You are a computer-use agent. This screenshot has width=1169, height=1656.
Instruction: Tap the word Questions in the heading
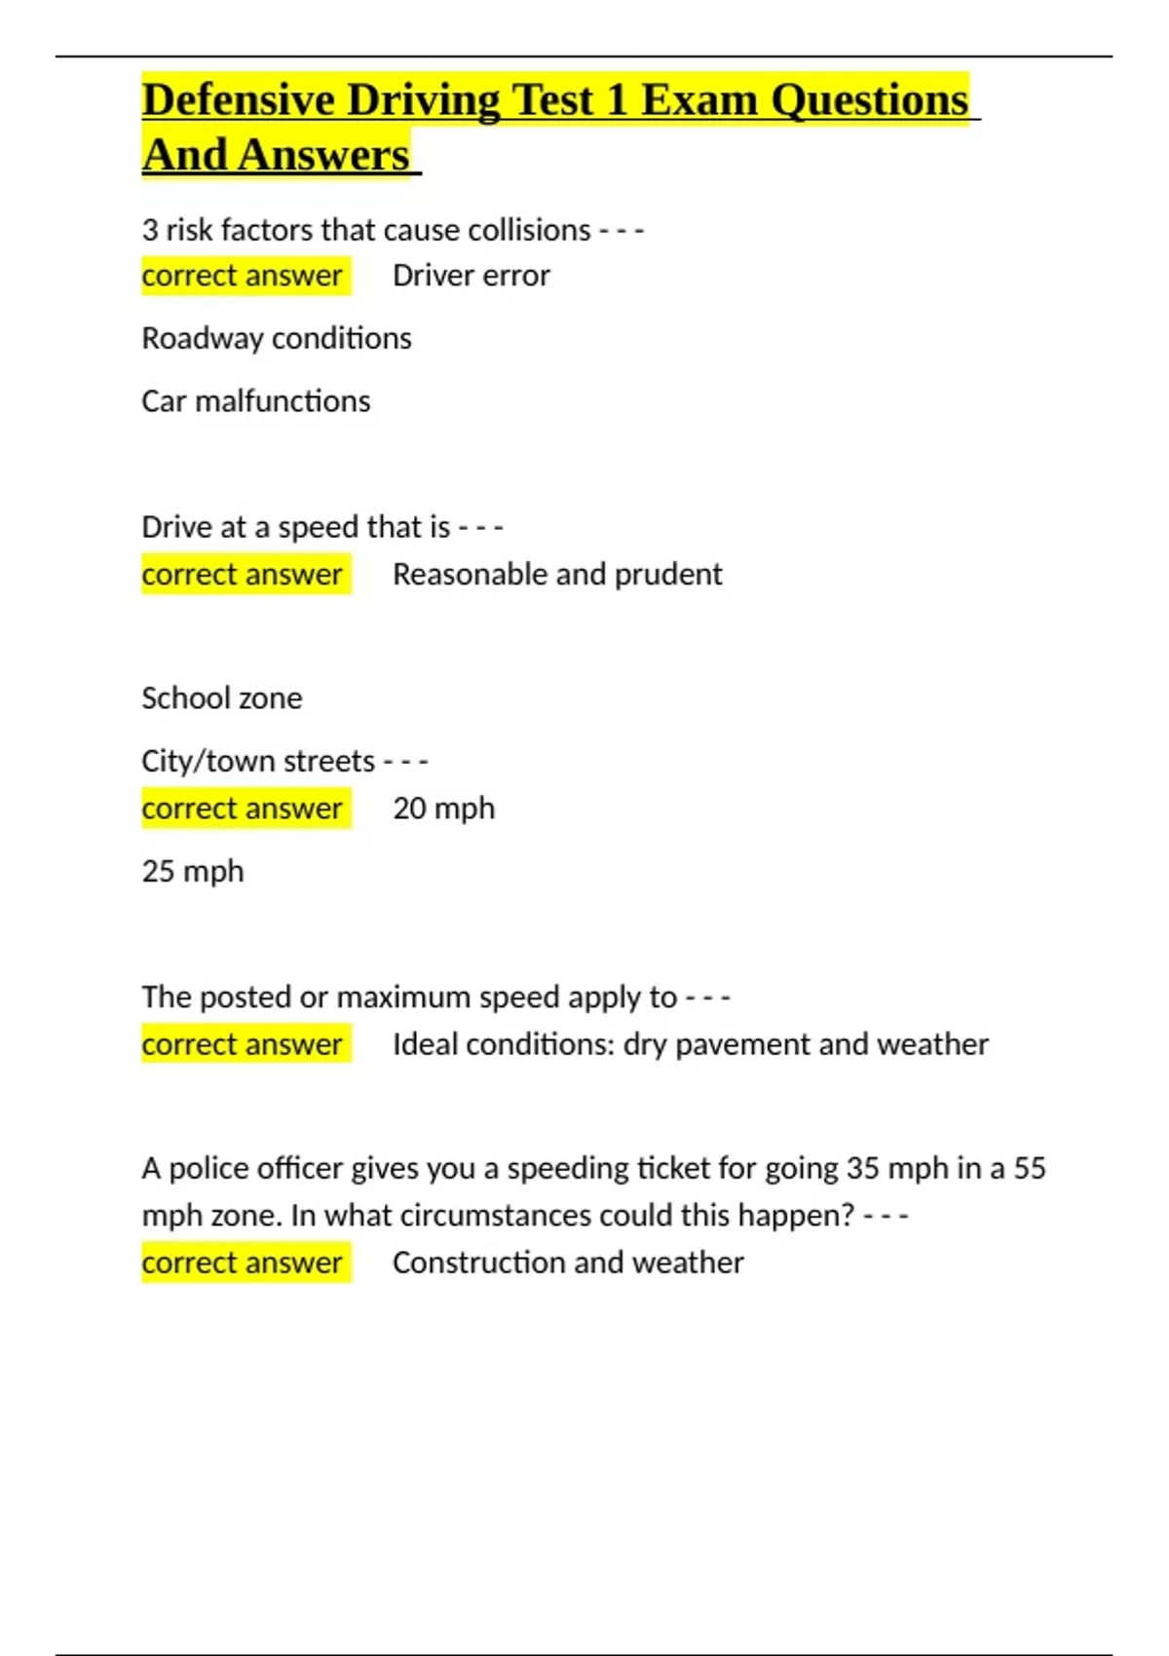[x=869, y=100]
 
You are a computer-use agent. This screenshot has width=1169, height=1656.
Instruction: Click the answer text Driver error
[x=471, y=276]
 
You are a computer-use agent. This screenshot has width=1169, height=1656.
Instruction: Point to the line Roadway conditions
[x=276, y=338]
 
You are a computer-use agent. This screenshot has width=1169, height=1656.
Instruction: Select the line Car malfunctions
[x=255, y=401]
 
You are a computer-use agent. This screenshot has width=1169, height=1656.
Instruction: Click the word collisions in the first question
[x=529, y=230]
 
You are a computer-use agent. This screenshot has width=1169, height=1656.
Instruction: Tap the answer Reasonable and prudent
[x=557, y=575]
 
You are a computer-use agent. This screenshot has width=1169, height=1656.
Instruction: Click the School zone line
[x=221, y=698]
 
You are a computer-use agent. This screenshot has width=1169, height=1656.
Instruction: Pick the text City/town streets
[x=257, y=761]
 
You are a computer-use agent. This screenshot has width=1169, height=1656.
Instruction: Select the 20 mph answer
[x=443, y=809]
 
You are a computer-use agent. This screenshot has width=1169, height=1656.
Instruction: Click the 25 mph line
[x=192, y=871]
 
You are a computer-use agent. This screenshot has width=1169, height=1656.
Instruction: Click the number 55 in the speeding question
[x=1029, y=1168]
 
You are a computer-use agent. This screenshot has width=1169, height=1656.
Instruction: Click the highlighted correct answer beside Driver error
[x=242, y=276]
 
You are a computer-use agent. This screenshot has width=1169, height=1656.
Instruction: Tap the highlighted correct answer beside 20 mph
[x=242, y=809]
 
